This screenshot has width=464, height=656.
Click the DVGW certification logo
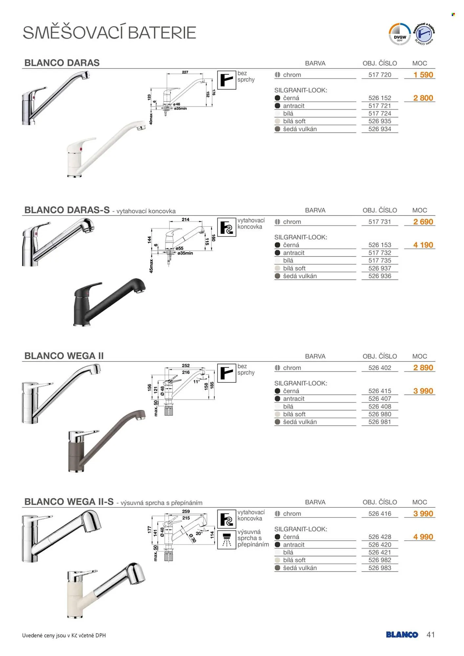[399, 34]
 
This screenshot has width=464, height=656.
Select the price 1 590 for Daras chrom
[423, 75]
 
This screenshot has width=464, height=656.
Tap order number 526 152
[380, 98]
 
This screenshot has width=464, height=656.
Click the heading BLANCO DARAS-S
[67, 210]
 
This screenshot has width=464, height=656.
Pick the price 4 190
[423, 245]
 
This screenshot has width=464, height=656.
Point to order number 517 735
[380, 261]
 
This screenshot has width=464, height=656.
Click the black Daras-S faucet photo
[109, 302]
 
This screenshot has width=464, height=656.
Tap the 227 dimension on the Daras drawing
[185, 72]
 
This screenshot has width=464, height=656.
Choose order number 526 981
[380, 422]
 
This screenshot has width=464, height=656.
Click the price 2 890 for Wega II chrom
[423, 368]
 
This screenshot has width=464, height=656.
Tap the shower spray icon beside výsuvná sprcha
[226, 540]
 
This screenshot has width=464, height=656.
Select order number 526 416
[380, 514]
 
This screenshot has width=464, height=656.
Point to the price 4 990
[423, 537]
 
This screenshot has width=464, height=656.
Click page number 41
[431, 635]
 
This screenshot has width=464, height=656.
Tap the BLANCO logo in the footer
[402, 635]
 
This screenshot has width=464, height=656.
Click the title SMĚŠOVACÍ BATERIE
[109, 33]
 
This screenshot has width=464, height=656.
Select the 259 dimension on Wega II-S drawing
[186, 511]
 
